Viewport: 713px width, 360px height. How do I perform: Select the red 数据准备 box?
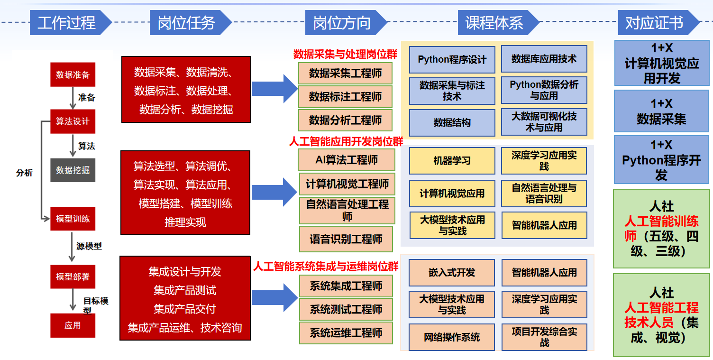click(x=73, y=74)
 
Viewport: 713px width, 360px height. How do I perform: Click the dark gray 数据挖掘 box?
click(x=73, y=170)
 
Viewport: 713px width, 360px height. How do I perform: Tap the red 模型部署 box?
click(x=73, y=277)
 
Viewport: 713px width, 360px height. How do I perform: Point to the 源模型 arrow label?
click(x=89, y=246)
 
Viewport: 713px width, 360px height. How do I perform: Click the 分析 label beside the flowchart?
click(x=24, y=173)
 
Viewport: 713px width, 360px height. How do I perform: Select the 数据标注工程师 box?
click(x=345, y=97)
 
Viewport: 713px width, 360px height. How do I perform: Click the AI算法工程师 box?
click(x=346, y=160)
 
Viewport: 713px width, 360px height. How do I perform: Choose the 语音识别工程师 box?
click(x=346, y=239)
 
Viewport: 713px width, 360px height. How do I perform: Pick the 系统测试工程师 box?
click(x=346, y=309)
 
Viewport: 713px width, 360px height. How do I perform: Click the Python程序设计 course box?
click(x=452, y=60)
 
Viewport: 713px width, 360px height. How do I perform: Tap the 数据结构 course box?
click(x=452, y=123)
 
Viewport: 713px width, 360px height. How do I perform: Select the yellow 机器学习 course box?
click(x=452, y=161)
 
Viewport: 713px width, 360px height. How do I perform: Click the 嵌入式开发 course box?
click(x=452, y=272)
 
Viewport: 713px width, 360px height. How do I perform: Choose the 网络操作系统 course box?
click(x=452, y=337)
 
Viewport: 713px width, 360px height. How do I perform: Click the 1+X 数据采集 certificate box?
click(x=661, y=111)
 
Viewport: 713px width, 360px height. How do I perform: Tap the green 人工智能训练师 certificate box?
click(x=661, y=229)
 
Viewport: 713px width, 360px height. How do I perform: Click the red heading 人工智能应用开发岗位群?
click(x=346, y=141)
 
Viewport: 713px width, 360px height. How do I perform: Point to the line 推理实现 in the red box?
click(x=185, y=222)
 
